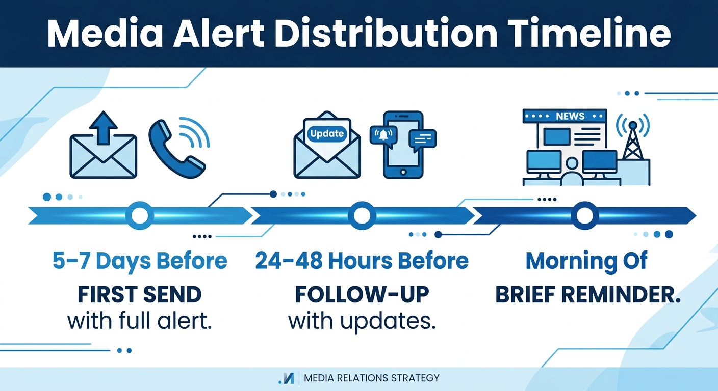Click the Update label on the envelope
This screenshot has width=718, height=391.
(327, 134)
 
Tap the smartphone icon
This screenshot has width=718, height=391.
(403, 145)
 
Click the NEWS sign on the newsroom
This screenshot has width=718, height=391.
(570, 116)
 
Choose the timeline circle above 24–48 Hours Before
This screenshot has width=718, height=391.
(362, 216)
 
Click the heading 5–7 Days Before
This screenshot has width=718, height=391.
(140, 261)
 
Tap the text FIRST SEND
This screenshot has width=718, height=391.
(140, 295)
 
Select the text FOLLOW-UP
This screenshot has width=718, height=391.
(362, 295)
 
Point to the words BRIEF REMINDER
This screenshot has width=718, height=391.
(588, 295)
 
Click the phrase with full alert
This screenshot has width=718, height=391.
(140, 322)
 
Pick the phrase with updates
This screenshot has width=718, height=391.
(362, 322)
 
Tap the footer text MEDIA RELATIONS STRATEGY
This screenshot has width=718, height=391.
(371, 378)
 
